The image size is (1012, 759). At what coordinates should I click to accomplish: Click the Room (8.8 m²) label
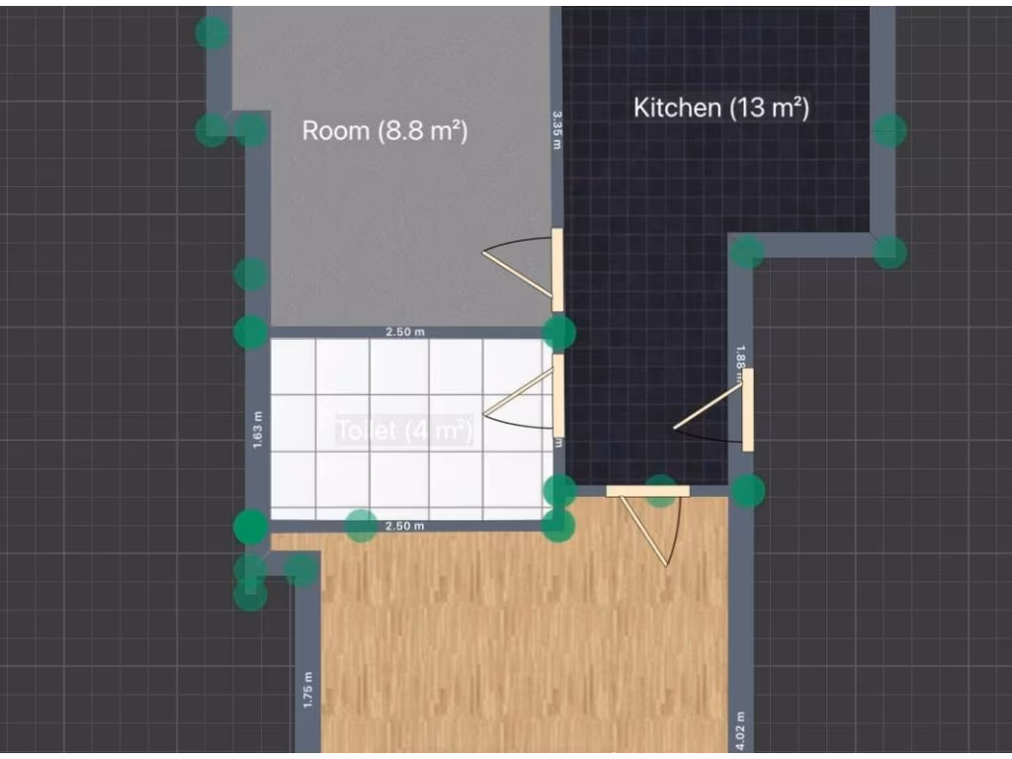pos(383,130)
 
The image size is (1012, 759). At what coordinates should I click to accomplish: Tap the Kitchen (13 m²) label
pos(720,108)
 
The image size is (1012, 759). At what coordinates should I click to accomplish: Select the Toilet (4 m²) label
pos(404,431)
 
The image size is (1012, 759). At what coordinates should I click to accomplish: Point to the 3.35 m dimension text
pos(556,129)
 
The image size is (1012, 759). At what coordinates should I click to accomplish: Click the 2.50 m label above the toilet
pos(405,332)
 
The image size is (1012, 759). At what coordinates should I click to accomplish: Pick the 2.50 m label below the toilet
pos(405,526)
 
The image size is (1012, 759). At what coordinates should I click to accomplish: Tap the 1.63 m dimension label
pos(257,429)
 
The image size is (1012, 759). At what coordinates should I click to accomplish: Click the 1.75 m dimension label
pos(307,690)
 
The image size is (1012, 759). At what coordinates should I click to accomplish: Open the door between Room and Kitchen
pos(556,270)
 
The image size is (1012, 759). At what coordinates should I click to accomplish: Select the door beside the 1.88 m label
pos(748,409)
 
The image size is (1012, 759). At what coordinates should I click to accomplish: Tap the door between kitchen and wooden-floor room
pos(647,491)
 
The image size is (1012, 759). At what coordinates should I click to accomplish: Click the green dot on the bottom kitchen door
pos(660,490)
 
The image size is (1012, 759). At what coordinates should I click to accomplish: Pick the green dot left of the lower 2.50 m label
pos(362,526)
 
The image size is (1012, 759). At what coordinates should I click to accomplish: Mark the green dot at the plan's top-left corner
pos(211,33)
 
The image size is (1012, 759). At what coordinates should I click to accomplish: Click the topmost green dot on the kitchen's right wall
pos(889,129)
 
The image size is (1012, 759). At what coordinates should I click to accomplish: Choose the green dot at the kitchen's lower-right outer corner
pos(889,252)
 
